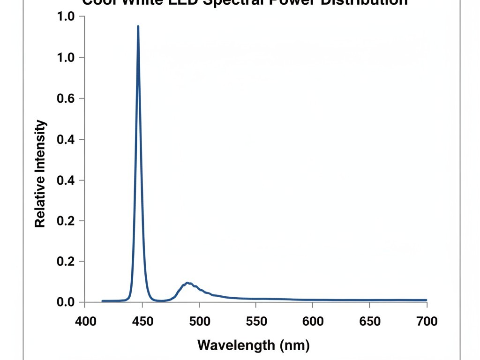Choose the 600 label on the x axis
313,321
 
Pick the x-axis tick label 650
369,321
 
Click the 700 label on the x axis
426,321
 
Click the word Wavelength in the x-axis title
236,346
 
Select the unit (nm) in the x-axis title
294,346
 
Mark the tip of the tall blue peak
138,27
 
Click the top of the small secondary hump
187,283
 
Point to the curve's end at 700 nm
426,300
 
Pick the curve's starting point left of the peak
103,301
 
